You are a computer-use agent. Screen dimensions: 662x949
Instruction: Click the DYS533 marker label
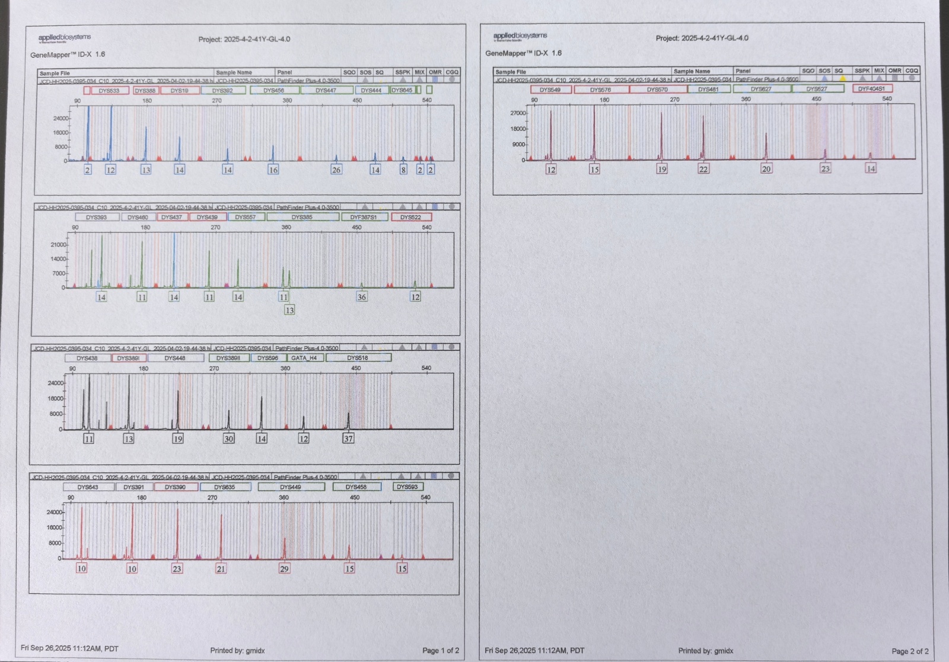pyautogui.click(x=109, y=91)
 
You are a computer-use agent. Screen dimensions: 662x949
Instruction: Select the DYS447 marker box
pyautogui.click(x=326, y=91)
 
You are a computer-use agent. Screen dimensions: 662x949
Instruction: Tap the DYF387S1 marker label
pyautogui.click(x=364, y=217)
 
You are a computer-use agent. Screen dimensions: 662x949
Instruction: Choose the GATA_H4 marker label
pyautogui.click(x=304, y=358)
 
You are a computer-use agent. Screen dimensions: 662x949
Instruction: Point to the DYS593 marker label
pyautogui.click(x=407, y=487)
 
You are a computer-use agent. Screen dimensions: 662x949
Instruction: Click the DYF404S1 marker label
pyautogui.click(x=871, y=89)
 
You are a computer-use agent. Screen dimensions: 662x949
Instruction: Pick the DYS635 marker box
pyautogui.click(x=224, y=487)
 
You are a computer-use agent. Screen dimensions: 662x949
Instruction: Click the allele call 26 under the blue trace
pyautogui.click(x=336, y=170)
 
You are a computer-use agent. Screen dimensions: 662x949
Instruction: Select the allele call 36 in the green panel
pyautogui.click(x=362, y=297)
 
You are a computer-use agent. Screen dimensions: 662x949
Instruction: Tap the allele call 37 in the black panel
pyautogui.click(x=348, y=439)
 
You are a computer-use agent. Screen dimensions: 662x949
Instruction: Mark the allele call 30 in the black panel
pyautogui.click(x=228, y=439)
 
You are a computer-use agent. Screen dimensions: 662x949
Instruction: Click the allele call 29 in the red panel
pyautogui.click(x=284, y=568)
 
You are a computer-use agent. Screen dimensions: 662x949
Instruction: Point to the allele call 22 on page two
pyautogui.click(x=703, y=169)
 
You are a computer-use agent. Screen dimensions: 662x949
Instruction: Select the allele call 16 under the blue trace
pyautogui.click(x=273, y=170)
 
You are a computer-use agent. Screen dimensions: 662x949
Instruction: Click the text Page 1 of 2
pyautogui.click(x=440, y=650)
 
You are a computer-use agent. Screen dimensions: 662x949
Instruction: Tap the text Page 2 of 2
pyautogui.click(x=910, y=651)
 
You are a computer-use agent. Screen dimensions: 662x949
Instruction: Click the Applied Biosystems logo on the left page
pyautogui.click(x=65, y=38)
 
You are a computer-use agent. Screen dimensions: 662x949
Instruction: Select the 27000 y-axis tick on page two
pyautogui.click(x=518, y=113)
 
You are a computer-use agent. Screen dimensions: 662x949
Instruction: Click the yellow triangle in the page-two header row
pyautogui.click(x=842, y=78)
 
